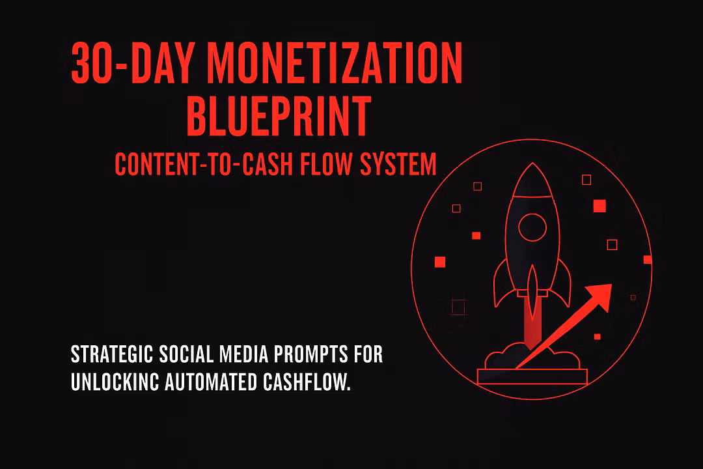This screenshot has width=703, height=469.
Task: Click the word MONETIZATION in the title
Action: point(335,63)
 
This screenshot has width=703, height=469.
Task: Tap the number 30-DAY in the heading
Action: point(132,63)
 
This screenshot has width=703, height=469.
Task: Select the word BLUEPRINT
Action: point(279,116)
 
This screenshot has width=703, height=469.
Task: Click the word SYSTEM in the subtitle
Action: point(398,163)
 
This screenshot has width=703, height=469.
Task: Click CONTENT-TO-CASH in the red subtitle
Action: point(204,163)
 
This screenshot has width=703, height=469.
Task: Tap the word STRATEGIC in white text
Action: point(112,354)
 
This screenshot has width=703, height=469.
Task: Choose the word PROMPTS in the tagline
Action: point(310,354)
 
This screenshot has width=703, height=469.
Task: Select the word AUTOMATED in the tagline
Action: point(211,382)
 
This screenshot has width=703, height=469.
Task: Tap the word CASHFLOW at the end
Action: point(307,382)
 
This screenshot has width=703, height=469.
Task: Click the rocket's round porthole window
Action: point(532,227)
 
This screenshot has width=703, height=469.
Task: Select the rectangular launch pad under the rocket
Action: point(532,377)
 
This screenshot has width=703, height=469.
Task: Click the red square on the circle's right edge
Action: point(648,259)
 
